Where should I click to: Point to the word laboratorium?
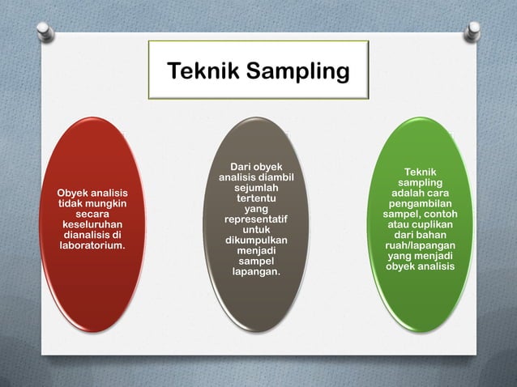click(x=92, y=245)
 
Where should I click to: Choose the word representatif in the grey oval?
click(x=256, y=219)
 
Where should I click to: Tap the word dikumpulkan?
click(x=256, y=240)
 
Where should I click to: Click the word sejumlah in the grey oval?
click(x=256, y=187)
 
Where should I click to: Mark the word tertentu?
click(x=256, y=198)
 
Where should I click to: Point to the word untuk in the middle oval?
click(x=256, y=230)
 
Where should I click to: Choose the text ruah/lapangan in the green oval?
click(x=420, y=246)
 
